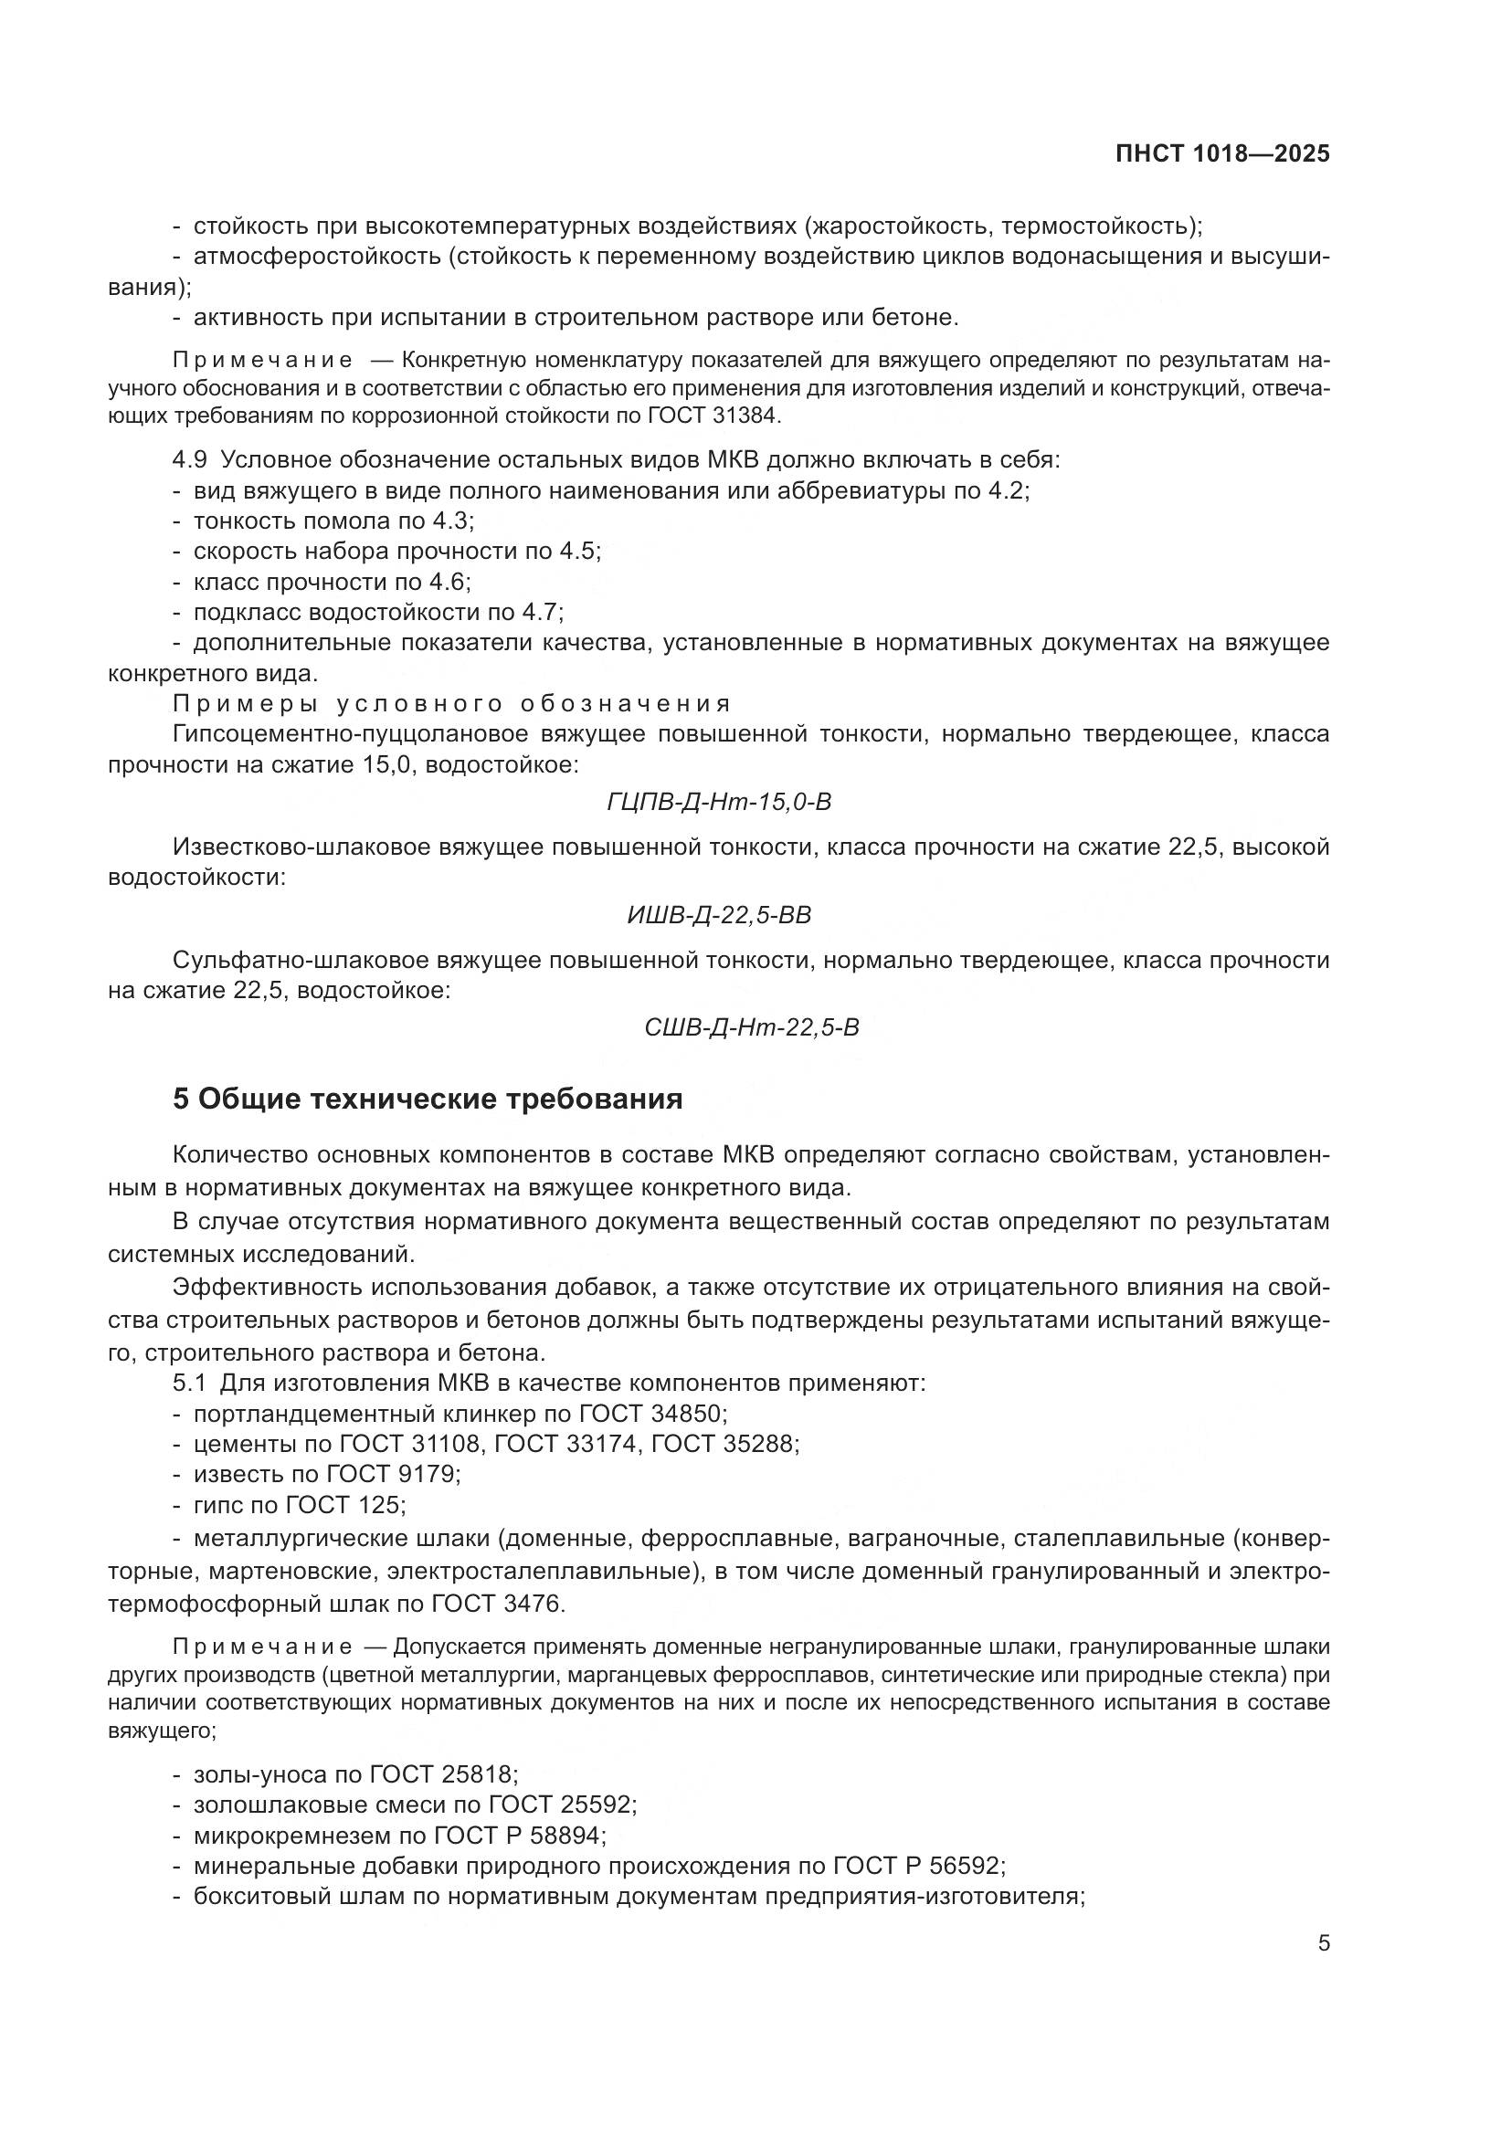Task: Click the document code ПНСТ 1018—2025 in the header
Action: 1222,154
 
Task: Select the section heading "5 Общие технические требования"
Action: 428,1099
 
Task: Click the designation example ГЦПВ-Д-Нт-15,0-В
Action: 718,801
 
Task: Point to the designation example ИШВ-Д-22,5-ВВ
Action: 719,915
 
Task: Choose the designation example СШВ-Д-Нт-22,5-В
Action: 752,1028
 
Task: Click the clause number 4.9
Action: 190,460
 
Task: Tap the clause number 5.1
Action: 189,1384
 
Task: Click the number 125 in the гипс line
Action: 381,1505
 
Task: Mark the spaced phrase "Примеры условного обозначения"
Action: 452,703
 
